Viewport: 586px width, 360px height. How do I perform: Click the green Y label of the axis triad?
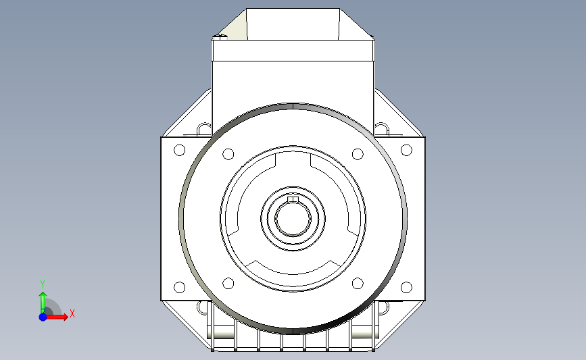click(43, 284)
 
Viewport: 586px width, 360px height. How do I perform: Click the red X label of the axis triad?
click(72, 313)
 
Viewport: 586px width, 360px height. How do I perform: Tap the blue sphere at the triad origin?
click(43, 316)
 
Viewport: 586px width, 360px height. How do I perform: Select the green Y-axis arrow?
click(43, 301)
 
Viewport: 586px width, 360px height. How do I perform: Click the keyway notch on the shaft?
click(293, 199)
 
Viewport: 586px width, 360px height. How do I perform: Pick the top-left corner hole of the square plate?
click(179, 150)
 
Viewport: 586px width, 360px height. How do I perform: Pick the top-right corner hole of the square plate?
click(406, 150)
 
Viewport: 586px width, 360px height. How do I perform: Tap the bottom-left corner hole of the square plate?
click(179, 287)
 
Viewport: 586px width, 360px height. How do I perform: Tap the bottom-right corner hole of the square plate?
click(406, 287)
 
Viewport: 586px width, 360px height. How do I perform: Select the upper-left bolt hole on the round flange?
click(228, 154)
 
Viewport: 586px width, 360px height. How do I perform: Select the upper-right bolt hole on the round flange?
click(358, 154)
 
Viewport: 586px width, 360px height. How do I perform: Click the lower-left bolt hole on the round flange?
click(228, 283)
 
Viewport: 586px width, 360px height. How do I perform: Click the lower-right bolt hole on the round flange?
click(358, 283)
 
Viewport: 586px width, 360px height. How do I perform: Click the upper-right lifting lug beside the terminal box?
click(382, 128)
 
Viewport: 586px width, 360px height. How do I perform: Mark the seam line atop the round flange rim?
click(293, 106)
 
